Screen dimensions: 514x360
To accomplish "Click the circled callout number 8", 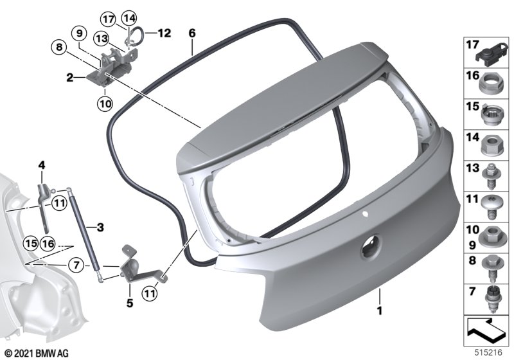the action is [x=59, y=47].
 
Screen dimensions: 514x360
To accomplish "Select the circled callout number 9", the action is [x=80, y=33].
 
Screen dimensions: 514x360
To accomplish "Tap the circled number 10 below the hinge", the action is [x=105, y=104].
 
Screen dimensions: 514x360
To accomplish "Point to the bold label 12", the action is [x=164, y=33].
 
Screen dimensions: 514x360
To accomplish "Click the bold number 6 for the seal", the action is [x=192, y=33].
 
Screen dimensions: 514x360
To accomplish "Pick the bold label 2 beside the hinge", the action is [x=70, y=78].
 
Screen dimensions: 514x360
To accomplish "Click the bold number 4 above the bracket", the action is [x=42, y=165].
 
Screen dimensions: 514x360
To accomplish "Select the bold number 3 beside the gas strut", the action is [x=100, y=227].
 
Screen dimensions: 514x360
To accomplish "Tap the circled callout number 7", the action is [x=76, y=264].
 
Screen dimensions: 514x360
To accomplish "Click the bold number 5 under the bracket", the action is [x=130, y=303].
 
